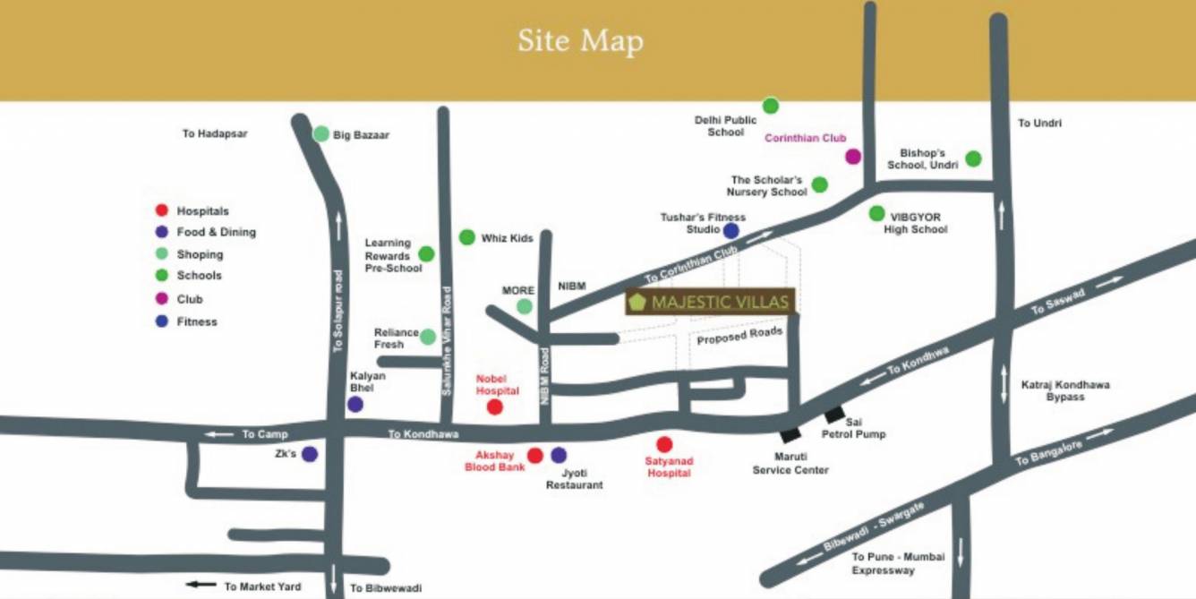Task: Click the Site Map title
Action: (580, 41)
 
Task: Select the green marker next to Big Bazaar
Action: (320, 133)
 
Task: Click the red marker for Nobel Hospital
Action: (494, 407)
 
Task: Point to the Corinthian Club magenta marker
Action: (853, 157)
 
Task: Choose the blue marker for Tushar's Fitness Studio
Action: (730, 231)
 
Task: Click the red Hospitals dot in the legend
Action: (162, 210)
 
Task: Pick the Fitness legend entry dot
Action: (162, 321)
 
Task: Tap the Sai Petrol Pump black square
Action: (834, 415)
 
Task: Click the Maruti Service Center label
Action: (790, 463)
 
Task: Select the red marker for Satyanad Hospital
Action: (663, 444)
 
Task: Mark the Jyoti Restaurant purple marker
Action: (559, 455)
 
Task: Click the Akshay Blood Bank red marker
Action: (534, 456)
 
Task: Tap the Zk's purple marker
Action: (310, 454)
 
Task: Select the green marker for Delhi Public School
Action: (770, 106)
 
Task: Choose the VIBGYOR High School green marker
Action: (876, 213)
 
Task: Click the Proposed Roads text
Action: (739, 336)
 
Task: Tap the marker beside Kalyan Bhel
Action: (355, 404)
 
